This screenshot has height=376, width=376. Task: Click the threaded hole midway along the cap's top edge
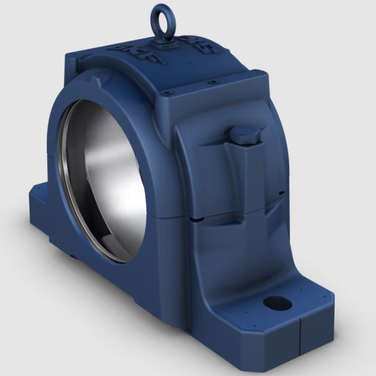pyautogui.click(x=213, y=81)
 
